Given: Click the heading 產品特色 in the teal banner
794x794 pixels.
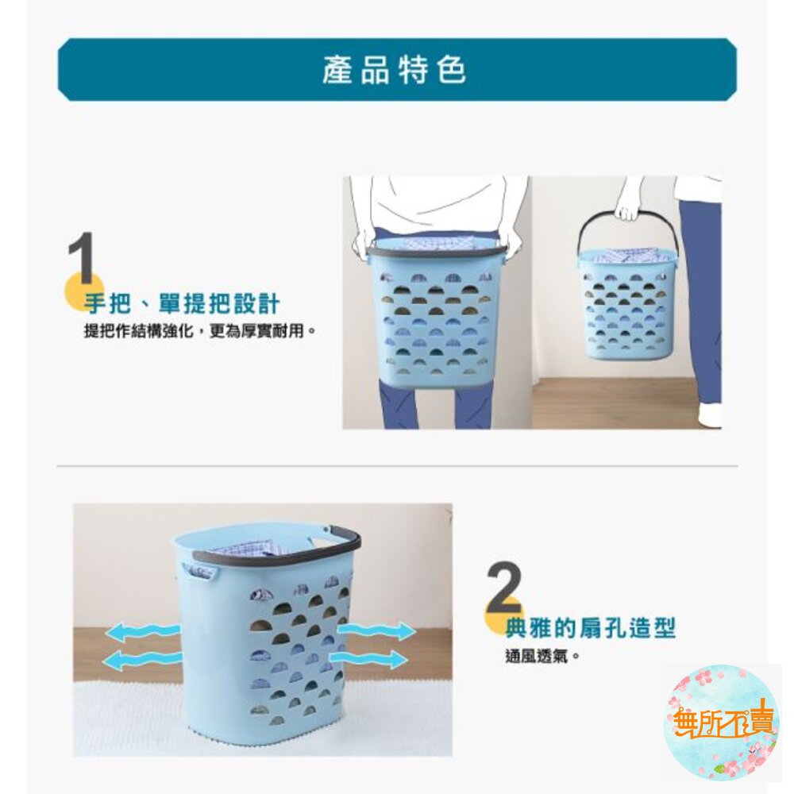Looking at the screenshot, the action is pyautogui.click(x=394, y=70).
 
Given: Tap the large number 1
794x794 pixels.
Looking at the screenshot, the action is pyautogui.click(x=81, y=258).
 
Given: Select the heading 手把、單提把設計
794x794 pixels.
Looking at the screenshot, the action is pyautogui.click(x=181, y=303).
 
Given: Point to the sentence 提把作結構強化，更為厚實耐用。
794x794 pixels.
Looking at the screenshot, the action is pyautogui.click(x=200, y=331).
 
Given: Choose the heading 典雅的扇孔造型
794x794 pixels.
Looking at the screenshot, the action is pyautogui.click(x=591, y=628).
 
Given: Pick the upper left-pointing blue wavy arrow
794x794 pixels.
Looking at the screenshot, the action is pyautogui.click(x=143, y=632).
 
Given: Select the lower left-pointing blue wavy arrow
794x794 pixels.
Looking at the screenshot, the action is pyautogui.click(x=142, y=660).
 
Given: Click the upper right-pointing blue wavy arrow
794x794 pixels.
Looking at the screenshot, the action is pyautogui.click(x=376, y=631).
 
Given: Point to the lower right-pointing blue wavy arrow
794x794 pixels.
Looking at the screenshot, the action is pyautogui.click(x=368, y=659).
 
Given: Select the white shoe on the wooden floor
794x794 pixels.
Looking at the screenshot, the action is pyautogui.click(x=709, y=416).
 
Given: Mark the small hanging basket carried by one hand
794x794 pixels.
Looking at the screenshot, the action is pyautogui.click(x=627, y=304).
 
